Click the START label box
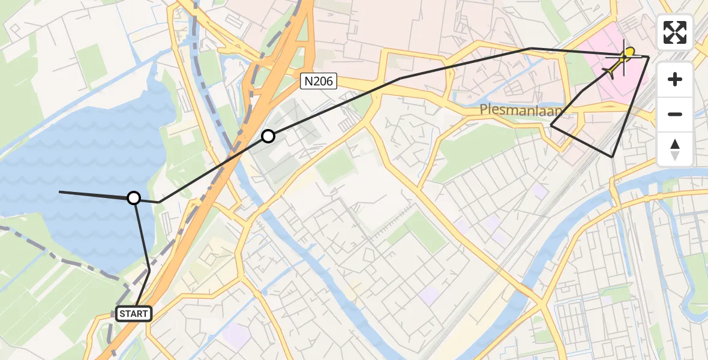coord(134,313)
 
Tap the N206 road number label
coord(319,81)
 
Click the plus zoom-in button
coord(675,79)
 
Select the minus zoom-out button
coord(675,114)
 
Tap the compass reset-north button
coord(675,149)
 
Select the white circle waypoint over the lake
coord(134,198)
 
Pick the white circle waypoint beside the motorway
coord(268,137)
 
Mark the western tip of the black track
coord(59,191)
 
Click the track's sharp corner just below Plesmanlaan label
coord(551,125)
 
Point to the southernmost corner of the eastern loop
coord(613,157)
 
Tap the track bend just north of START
coord(149,270)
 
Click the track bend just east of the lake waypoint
coord(159,202)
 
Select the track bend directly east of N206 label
coord(400,78)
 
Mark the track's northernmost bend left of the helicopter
coord(531,48)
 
